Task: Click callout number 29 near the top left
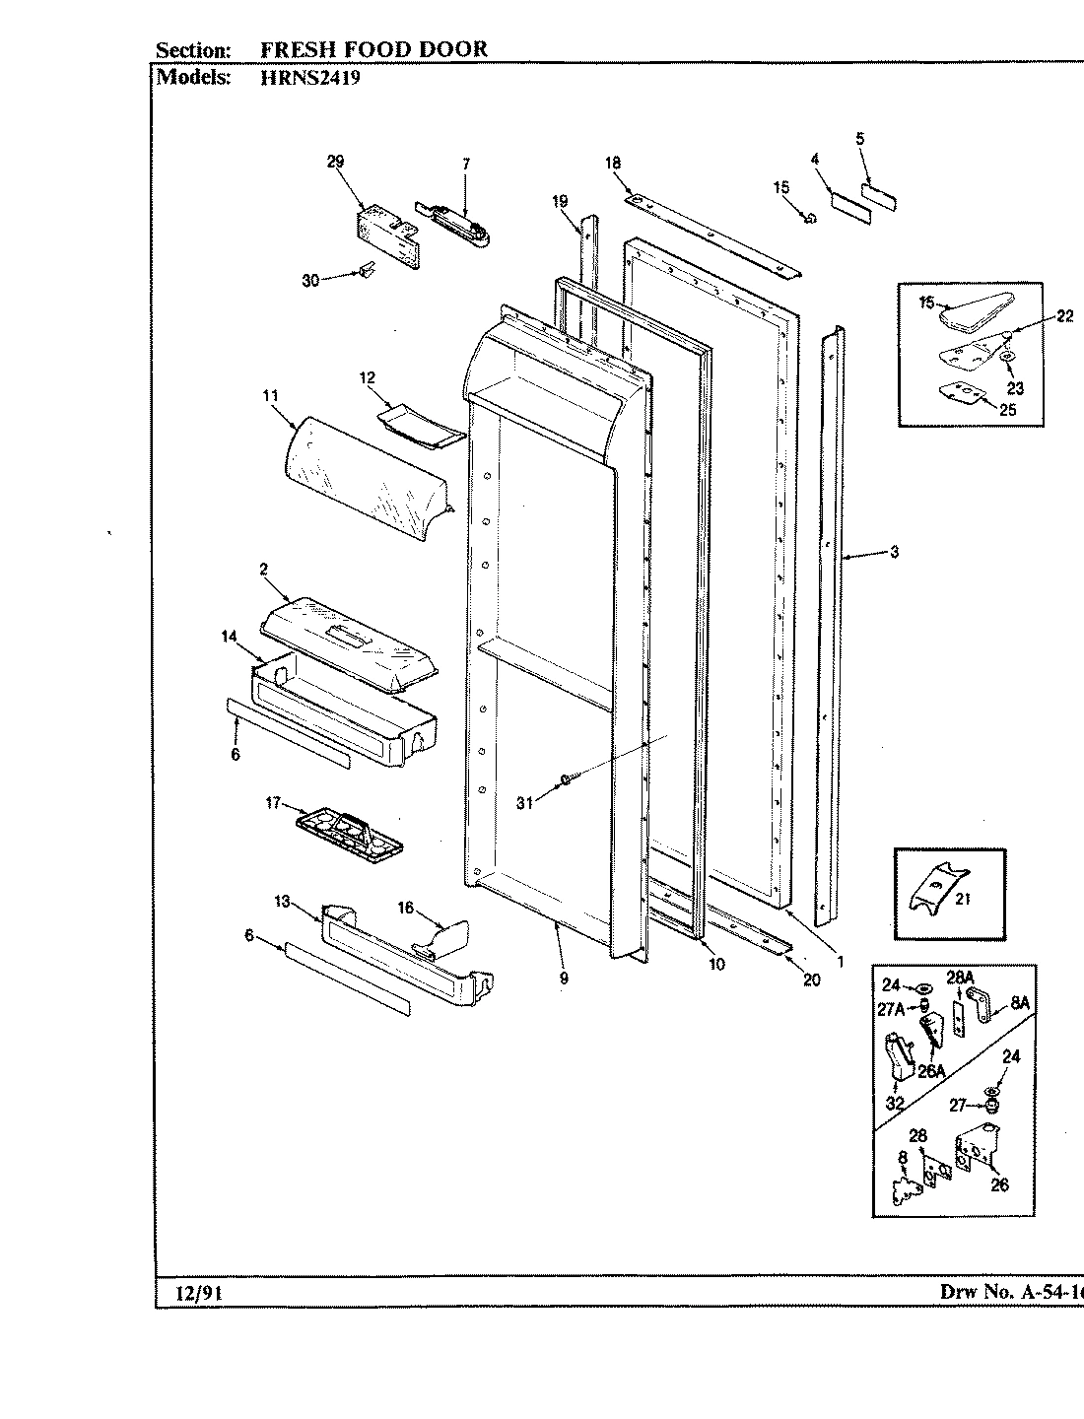[334, 164]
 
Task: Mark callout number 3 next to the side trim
[894, 553]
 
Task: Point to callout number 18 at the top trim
[612, 164]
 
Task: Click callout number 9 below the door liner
[564, 979]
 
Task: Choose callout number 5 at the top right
[859, 140]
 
